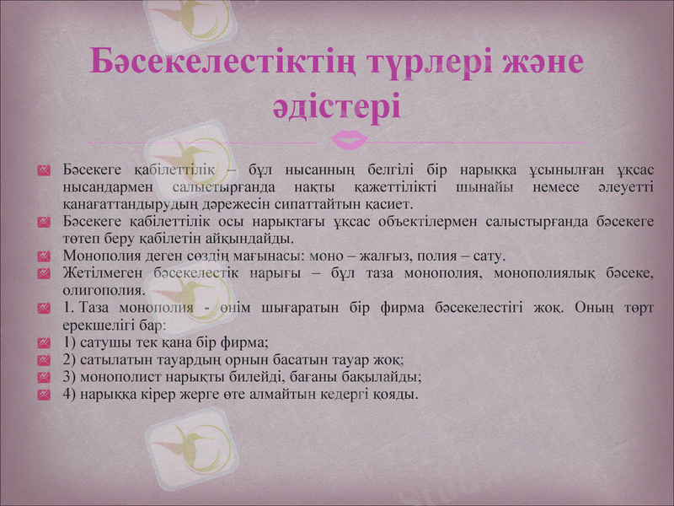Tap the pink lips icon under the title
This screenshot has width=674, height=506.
pos(350,137)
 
